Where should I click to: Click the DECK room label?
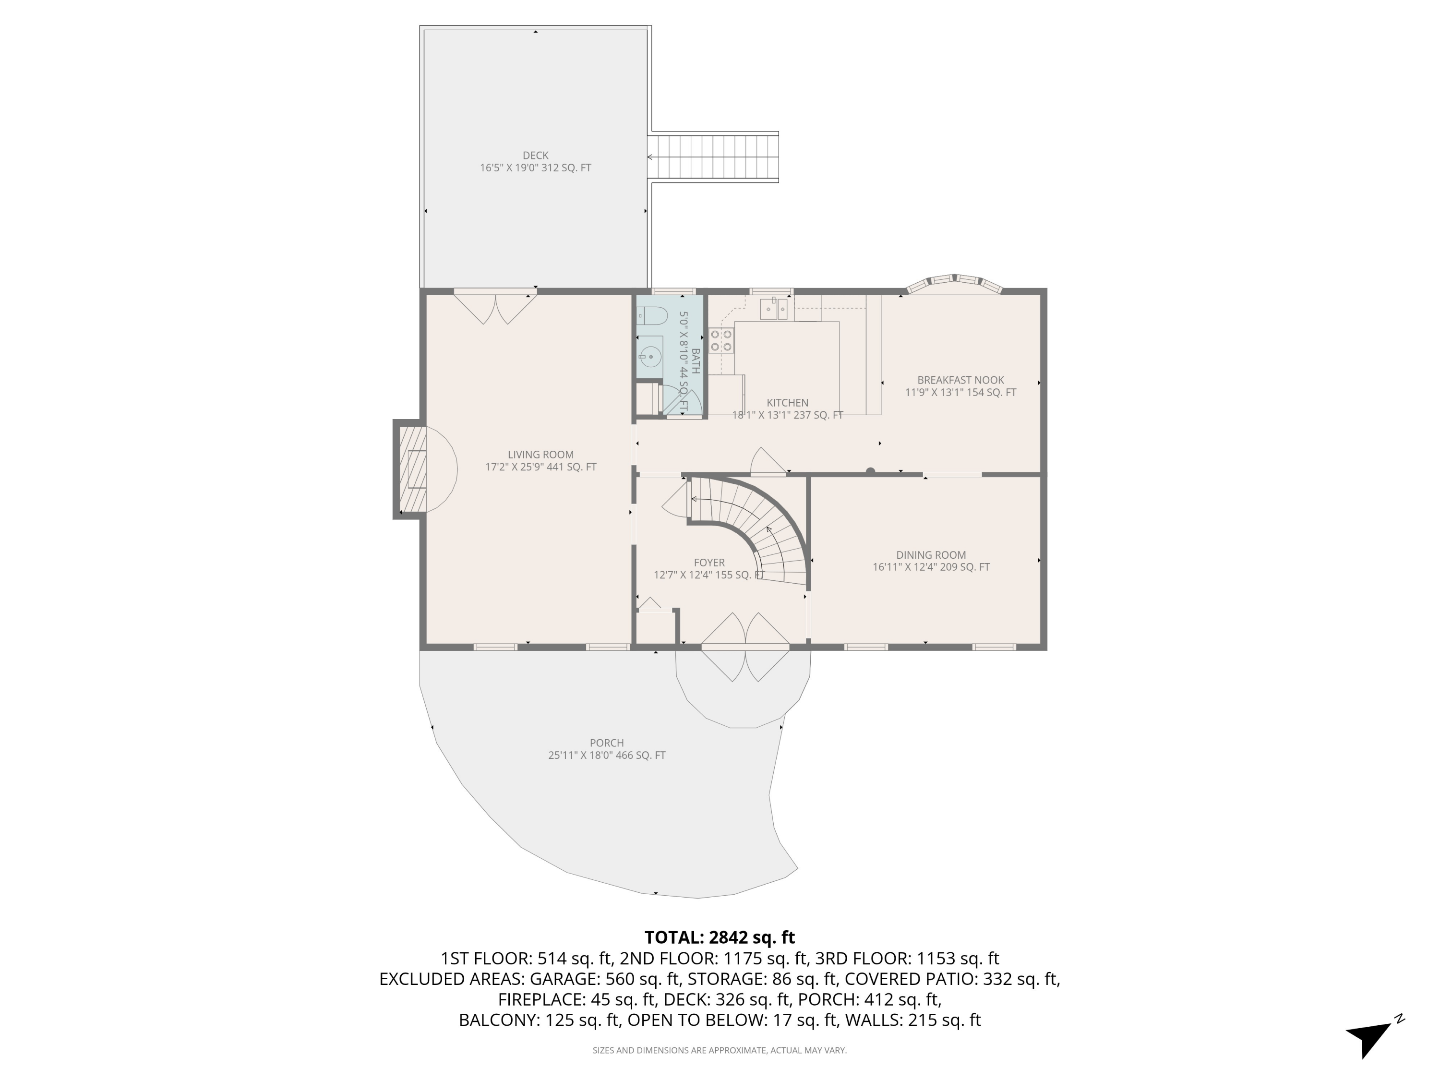click(535, 156)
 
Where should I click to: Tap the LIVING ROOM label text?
click(540, 455)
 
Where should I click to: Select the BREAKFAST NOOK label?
click(960, 380)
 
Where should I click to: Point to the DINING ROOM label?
click(930, 555)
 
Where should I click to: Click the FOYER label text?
click(709, 563)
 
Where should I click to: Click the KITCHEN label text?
click(787, 403)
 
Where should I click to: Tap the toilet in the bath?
click(653, 316)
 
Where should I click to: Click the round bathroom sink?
click(649, 357)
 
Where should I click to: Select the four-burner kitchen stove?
click(721, 340)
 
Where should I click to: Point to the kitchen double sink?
click(775, 309)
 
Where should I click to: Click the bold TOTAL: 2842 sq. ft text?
click(720, 937)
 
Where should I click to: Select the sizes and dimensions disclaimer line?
click(720, 1050)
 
